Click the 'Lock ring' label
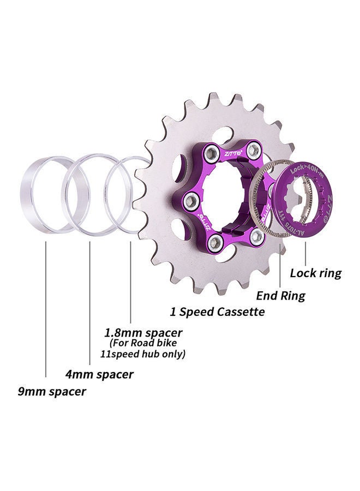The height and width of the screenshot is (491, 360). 316,273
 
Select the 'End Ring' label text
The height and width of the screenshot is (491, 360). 281,296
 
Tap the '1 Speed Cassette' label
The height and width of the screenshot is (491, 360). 217,312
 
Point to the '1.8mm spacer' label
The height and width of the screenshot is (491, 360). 143,332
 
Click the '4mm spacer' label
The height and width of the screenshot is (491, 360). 99,375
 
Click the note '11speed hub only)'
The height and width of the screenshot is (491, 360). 147,354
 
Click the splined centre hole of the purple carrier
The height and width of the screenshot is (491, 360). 223,196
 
